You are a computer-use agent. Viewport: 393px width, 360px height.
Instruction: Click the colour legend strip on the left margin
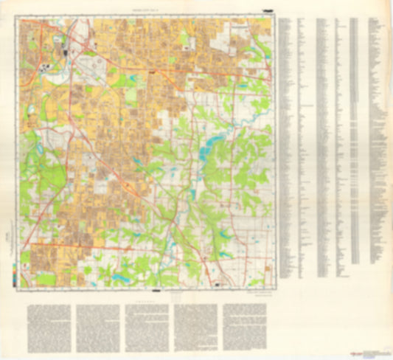[15, 271]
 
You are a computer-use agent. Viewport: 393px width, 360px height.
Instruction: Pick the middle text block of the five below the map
[147, 328]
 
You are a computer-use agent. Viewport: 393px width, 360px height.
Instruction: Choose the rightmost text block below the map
[246, 328]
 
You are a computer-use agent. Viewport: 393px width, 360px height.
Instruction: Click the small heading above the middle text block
[147, 301]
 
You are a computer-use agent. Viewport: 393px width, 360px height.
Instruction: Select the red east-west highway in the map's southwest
[66, 244]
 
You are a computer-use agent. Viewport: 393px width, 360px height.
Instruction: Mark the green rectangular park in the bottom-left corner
[44, 279]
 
